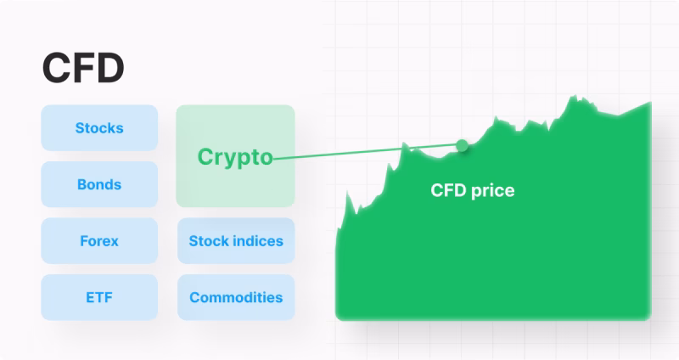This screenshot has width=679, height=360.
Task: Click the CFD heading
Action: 83,69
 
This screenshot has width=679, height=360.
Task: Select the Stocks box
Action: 99,128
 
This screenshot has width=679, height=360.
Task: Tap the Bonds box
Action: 99,184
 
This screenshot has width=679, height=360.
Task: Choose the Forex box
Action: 99,241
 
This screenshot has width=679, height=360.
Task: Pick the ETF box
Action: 99,297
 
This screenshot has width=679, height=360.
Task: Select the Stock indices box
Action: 235,241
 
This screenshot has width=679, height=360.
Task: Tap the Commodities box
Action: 235,297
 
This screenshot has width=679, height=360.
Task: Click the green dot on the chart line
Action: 462,146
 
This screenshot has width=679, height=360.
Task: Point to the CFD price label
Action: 472,191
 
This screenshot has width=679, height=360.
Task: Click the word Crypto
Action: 235,157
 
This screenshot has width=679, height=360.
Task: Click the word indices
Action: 259,241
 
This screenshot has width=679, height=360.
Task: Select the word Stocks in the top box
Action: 99,128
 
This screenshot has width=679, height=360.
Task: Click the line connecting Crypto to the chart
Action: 365,152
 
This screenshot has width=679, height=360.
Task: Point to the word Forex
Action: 99,241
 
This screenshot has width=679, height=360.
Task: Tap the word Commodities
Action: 235,297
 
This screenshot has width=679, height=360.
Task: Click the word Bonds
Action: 99,184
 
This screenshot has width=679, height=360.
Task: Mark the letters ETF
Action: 99,297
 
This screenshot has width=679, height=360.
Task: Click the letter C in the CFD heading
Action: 55,69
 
